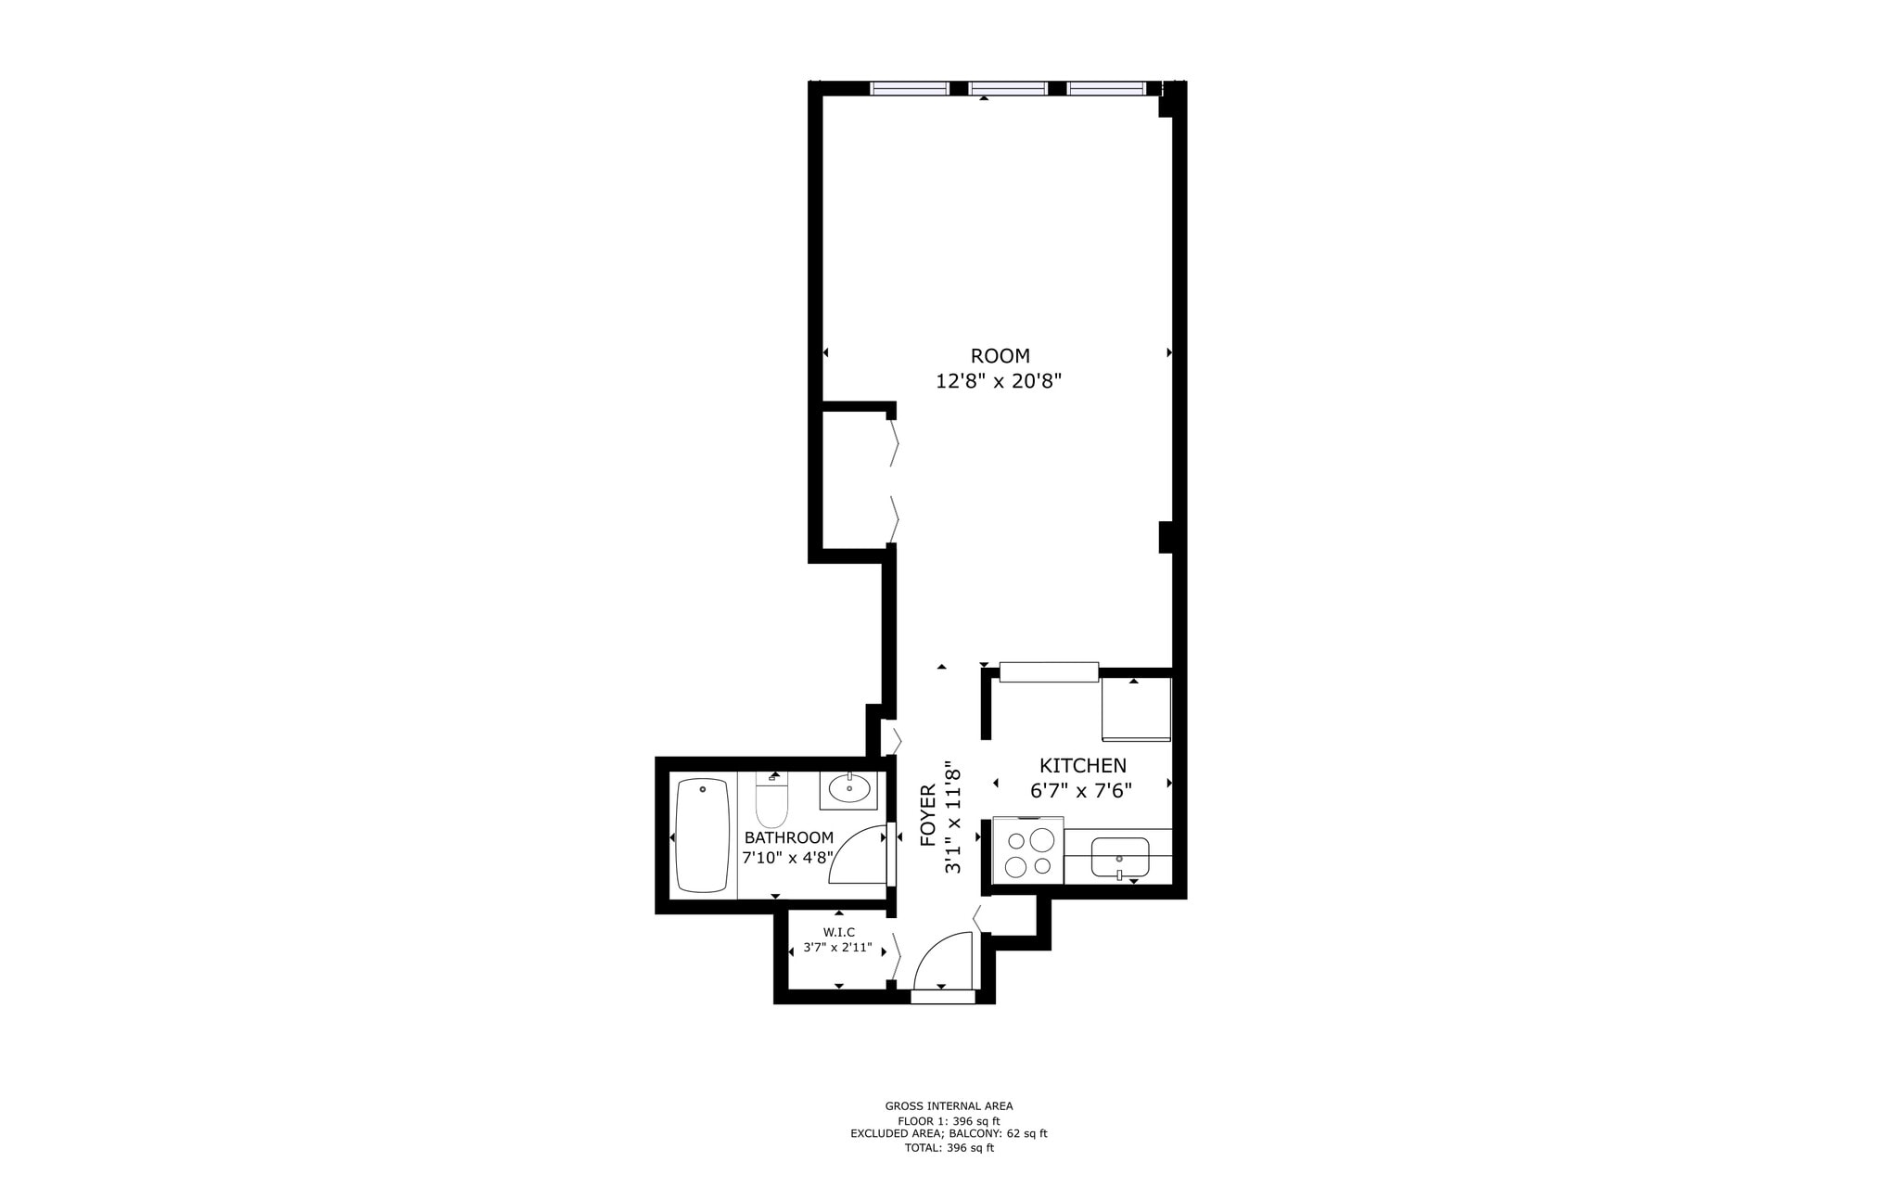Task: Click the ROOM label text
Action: click(x=1000, y=356)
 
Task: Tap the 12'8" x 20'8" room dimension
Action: click(x=998, y=381)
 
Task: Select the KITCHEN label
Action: click(x=1082, y=766)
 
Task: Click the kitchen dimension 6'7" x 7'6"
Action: click(x=1081, y=791)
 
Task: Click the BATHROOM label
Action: click(x=788, y=837)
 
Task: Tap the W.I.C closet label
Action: click(x=838, y=932)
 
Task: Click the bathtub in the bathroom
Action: click(x=703, y=835)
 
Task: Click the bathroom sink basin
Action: click(x=848, y=789)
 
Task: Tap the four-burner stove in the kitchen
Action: click(x=1028, y=852)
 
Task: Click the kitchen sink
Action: click(x=1119, y=857)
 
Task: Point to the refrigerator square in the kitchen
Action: click(x=1136, y=708)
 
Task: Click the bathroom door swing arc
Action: click(x=858, y=855)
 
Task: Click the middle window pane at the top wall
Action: click(x=1008, y=89)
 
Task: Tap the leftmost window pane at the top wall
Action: click(x=910, y=89)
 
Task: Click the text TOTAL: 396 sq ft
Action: click(x=949, y=1148)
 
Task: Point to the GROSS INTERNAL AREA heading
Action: click(x=949, y=1105)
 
